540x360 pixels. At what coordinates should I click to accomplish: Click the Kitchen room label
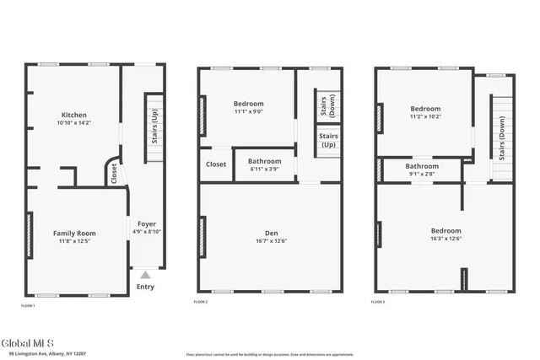click(x=73, y=115)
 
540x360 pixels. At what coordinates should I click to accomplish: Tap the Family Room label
click(x=74, y=233)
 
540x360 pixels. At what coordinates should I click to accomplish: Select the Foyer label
click(x=147, y=224)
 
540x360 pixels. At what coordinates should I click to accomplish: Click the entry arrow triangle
click(x=146, y=274)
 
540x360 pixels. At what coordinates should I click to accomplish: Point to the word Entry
click(x=146, y=287)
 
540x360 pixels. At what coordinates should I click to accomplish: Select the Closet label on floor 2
click(x=216, y=164)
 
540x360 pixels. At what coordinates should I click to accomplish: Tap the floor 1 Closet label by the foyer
click(x=114, y=173)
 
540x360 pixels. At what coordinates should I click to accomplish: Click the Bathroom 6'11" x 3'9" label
click(x=264, y=160)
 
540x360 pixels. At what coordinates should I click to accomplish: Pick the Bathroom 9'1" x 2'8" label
click(x=422, y=166)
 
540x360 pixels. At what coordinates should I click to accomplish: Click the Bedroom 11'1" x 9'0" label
click(x=248, y=104)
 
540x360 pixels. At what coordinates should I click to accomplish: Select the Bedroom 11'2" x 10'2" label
click(x=425, y=109)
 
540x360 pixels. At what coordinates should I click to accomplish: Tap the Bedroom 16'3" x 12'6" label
click(x=446, y=230)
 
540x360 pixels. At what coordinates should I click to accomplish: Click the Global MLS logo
click(x=27, y=342)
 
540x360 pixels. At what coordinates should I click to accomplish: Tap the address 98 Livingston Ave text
click(x=42, y=354)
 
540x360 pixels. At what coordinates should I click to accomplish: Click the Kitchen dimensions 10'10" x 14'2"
click(x=73, y=124)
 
